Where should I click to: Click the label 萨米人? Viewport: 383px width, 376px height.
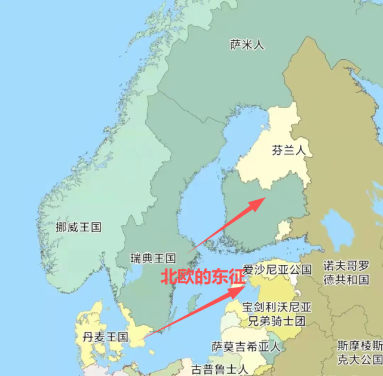click(x=247, y=44)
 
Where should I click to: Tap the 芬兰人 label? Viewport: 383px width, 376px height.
click(x=288, y=150)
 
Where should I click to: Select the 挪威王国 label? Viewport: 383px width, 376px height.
click(x=78, y=227)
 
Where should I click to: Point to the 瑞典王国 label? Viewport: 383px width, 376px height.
click(x=154, y=258)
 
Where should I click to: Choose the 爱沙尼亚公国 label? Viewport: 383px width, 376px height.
click(x=277, y=269)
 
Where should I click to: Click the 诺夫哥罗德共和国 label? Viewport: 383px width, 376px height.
click(x=346, y=272)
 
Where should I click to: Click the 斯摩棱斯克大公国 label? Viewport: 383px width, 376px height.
click(x=359, y=352)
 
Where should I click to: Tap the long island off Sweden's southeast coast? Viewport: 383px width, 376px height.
click(x=192, y=304)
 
